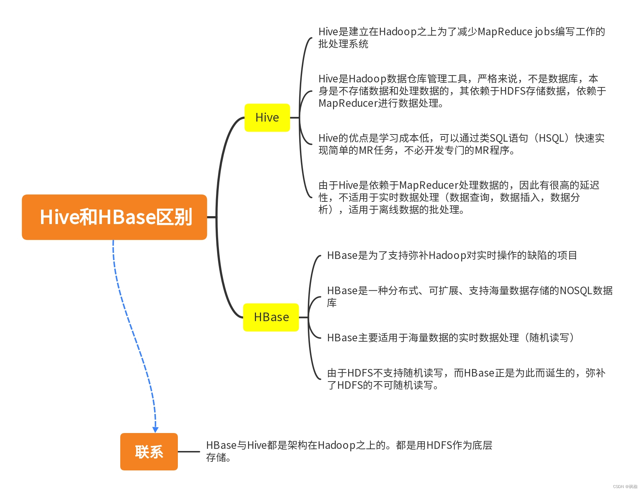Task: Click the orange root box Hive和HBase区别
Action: [114, 217]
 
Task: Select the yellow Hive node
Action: [267, 118]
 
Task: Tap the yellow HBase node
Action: [271, 317]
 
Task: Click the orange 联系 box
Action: [149, 452]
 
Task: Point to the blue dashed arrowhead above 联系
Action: [156, 429]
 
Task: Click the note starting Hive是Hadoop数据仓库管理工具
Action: [462, 91]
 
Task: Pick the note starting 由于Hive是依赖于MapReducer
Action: [459, 197]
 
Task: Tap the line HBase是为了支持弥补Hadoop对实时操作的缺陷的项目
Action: [452, 255]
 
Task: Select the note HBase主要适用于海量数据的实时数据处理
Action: [450, 338]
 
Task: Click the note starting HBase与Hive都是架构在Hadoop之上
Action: [349, 451]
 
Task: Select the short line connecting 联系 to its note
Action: [189, 452]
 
